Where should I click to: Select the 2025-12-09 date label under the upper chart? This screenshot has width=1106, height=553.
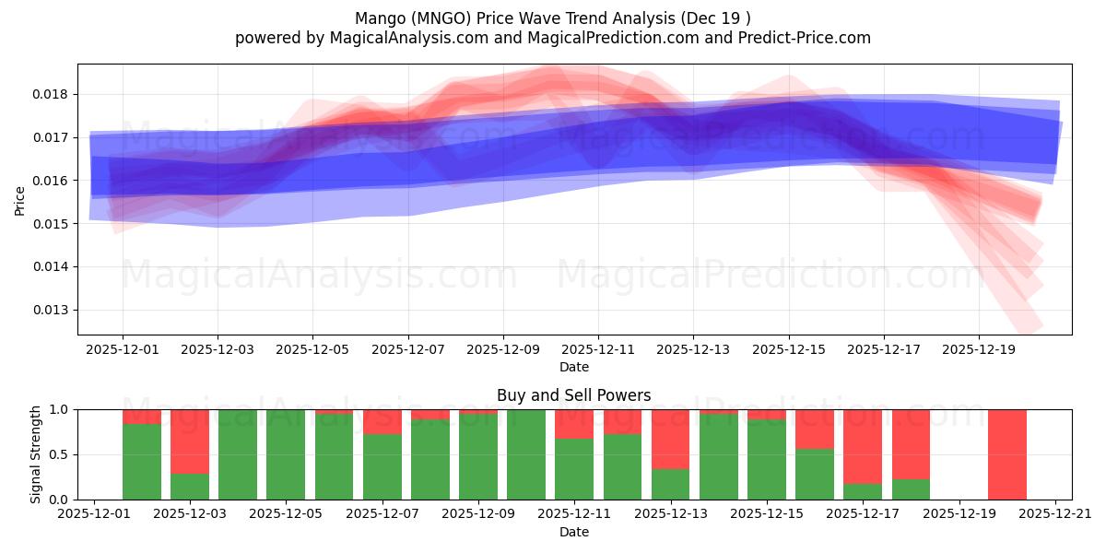pyautogui.click(x=503, y=349)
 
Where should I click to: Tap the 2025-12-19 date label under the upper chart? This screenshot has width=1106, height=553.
pyautogui.click(x=979, y=349)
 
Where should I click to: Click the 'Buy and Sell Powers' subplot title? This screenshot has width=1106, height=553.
pyautogui.click(x=573, y=395)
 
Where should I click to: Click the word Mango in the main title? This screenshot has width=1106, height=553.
pyautogui.click(x=378, y=18)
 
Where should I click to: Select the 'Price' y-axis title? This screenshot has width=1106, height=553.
pyautogui.click(x=20, y=199)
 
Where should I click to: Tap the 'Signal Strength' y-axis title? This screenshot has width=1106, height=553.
pyautogui.click(x=35, y=454)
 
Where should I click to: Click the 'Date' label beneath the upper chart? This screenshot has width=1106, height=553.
pyautogui.click(x=573, y=367)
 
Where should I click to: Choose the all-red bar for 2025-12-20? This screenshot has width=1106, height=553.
pyautogui.click(x=1006, y=454)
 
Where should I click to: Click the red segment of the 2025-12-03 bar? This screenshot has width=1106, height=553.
pyautogui.click(x=190, y=441)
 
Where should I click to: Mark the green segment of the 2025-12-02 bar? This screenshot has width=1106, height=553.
pyautogui.click(x=142, y=461)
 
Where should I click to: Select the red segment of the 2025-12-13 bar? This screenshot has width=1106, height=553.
pyautogui.click(x=671, y=439)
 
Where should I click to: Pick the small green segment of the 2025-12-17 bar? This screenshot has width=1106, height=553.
pyautogui.click(x=863, y=491)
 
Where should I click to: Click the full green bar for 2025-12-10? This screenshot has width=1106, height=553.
pyautogui.click(x=526, y=454)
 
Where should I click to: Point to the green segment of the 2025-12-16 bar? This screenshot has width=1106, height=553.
pyautogui.click(x=815, y=474)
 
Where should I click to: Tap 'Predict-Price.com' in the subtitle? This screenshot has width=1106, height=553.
pyautogui.click(x=806, y=38)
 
